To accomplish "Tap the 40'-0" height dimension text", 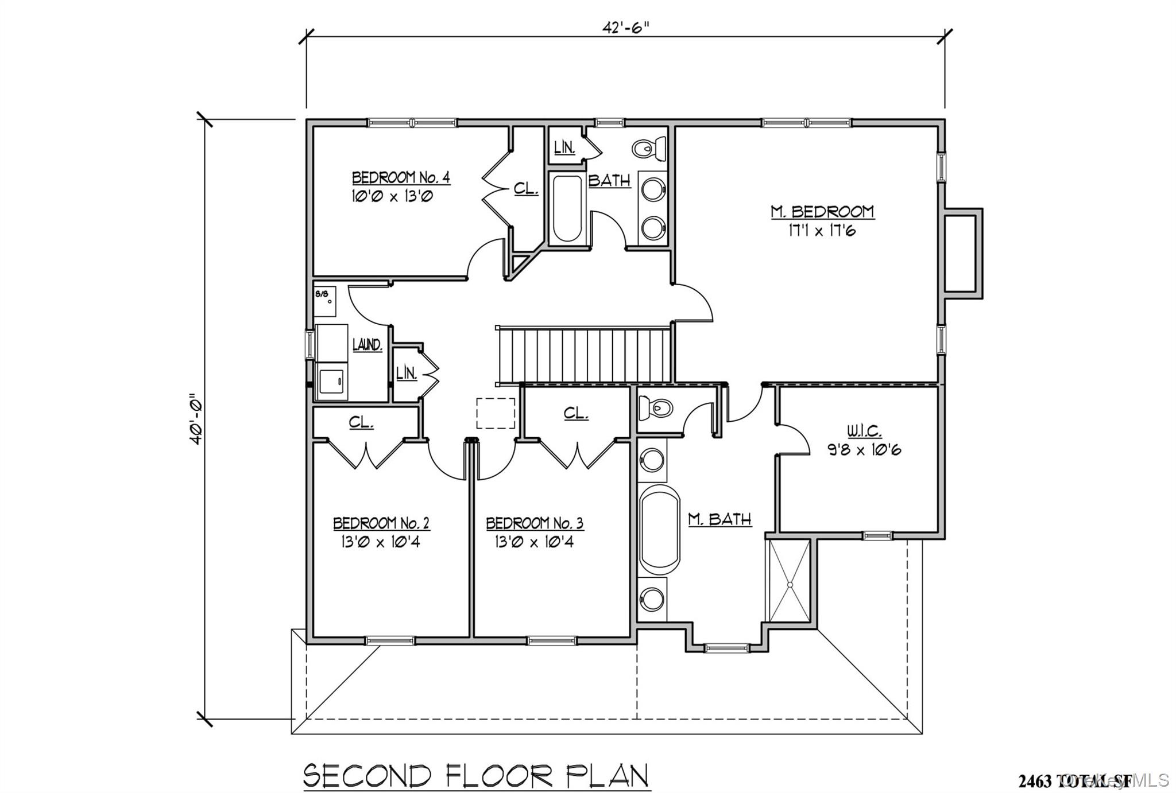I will click(196, 419).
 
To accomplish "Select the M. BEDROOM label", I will click(822, 212).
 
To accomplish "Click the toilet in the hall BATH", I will click(649, 149).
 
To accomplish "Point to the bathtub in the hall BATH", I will click(567, 208).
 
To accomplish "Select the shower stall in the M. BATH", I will click(790, 581).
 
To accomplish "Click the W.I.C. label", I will click(864, 431).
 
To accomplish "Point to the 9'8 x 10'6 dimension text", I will click(864, 450).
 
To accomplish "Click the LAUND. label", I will click(367, 345).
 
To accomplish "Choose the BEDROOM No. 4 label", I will click(400, 177).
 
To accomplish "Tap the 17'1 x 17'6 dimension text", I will click(822, 231).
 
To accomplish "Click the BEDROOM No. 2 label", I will click(381, 523).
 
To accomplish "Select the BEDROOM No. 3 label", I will click(534, 523).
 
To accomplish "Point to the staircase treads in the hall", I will click(585, 355).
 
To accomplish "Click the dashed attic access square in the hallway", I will click(495, 413).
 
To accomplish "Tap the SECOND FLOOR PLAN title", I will click(476, 776).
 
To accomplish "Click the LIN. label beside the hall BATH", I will click(564, 147).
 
